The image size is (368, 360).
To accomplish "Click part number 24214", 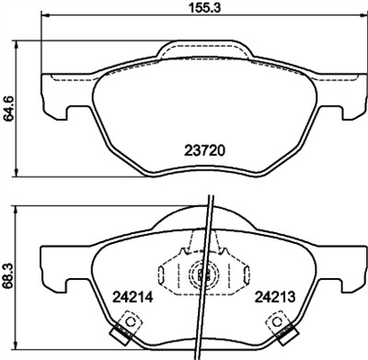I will [x=133, y=298].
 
